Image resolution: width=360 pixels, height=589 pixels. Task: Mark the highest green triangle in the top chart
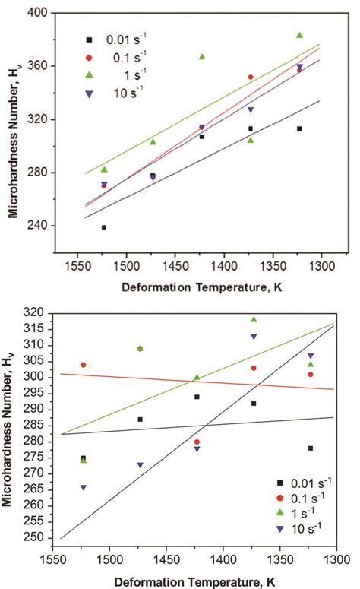(299, 35)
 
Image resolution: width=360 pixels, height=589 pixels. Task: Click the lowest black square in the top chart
(104, 227)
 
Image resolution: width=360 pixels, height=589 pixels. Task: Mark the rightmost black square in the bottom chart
(311, 448)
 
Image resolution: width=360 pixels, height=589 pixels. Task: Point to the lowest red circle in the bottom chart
(197, 442)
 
